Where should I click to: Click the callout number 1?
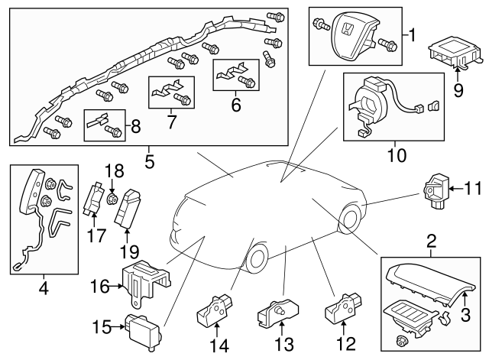pos(413,34)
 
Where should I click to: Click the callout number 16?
pos(97,287)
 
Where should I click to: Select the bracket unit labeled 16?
pos(144,281)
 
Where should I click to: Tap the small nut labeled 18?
pos(112,201)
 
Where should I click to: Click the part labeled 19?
pos(126,206)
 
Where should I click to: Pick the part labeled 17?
pos(97,199)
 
